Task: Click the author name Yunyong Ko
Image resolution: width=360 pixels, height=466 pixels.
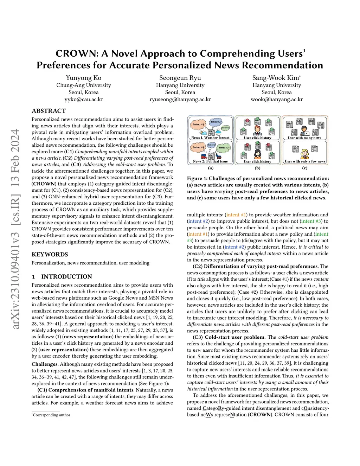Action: pyautogui.click(x=83, y=78)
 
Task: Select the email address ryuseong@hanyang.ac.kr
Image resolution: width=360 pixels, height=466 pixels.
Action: pyautogui.click(x=180, y=99)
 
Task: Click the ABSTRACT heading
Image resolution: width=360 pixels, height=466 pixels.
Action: pyautogui.click(x=49, y=111)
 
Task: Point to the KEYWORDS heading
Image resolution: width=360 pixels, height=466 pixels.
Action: pyautogui.click(x=50, y=254)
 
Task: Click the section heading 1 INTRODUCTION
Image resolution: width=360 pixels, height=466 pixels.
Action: pyautogui.click(x=62, y=276)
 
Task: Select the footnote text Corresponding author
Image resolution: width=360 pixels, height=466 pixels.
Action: pyautogui.click(x=51, y=415)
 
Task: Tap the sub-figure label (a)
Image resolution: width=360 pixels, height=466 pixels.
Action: pyautogui.click(x=210, y=168)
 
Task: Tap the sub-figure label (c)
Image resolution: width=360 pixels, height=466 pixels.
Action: pyautogui.click(x=304, y=168)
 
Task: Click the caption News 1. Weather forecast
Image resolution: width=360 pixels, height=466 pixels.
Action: pyautogui.click(x=210, y=138)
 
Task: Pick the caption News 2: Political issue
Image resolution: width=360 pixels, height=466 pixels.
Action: pyautogui.click(x=210, y=161)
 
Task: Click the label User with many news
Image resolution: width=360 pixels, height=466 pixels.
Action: pyautogui.click(x=304, y=138)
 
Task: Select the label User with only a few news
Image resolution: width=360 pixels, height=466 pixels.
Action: pyautogui.click(x=305, y=161)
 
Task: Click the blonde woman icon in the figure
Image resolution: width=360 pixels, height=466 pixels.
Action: pyautogui.click(x=304, y=154)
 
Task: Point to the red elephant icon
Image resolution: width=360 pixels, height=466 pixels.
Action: pyautogui.click(x=204, y=156)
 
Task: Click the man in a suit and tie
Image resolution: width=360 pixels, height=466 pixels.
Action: pyautogui.click(x=257, y=131)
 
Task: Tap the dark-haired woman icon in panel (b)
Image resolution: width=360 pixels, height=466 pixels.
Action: pyautogui.click(x=257, y=154)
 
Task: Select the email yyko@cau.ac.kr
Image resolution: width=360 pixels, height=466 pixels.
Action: pyautogui.click(x=83, y=99)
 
